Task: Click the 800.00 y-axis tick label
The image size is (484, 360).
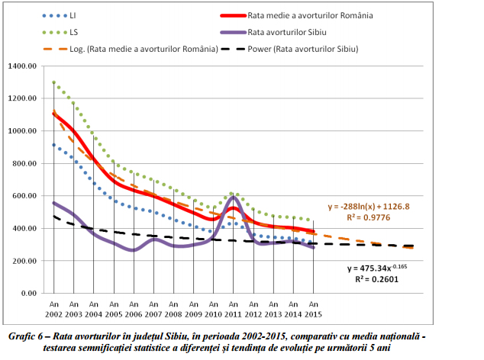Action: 26,163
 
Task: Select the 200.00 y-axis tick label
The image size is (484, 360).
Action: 26,261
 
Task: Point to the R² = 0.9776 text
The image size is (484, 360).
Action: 367,217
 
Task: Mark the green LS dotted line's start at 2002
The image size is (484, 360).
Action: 53,82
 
